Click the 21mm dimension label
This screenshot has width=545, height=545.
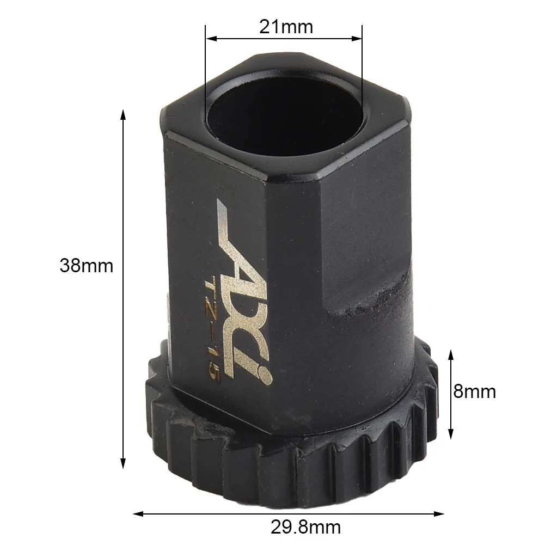(286, 27)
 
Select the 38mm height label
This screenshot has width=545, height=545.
(87, 266)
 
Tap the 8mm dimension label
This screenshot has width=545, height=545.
(474, 391)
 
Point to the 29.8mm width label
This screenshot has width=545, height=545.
(305, 527)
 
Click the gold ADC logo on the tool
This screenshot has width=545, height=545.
(244, 291)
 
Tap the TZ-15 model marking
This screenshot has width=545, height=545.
(212, 329)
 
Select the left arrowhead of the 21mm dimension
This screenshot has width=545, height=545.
(211, 38)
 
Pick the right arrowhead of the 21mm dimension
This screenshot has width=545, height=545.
(357, 38)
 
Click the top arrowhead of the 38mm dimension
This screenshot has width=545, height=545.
(123, 115)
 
